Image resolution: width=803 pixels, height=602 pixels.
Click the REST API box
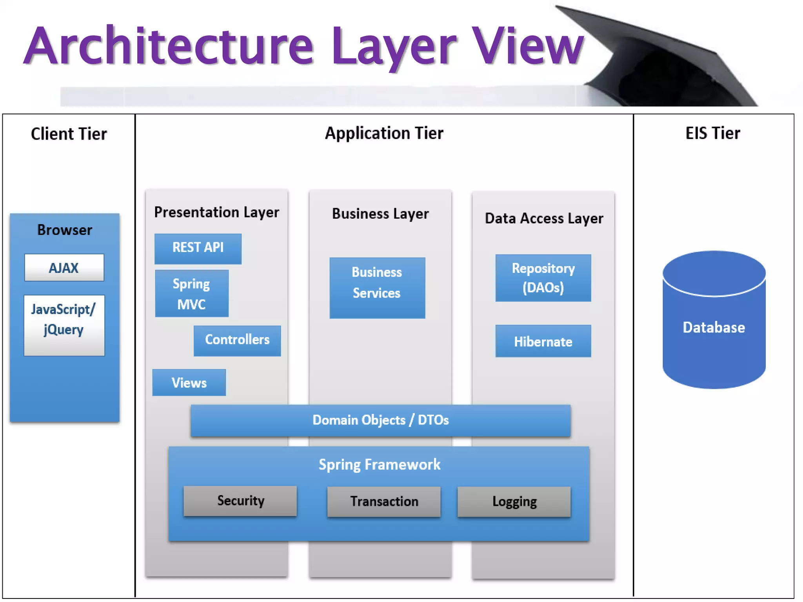(x=198, y=248)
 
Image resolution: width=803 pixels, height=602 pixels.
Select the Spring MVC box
(x=191, y=294)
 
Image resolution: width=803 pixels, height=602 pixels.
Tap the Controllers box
(x=237, y=340)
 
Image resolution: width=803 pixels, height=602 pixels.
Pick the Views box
(x=189, y=383)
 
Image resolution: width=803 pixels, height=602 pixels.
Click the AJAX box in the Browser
(x=64, y=268)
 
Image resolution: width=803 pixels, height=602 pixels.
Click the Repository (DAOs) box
(x=543, y=278)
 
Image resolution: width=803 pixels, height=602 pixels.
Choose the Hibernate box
(x=543, y=341)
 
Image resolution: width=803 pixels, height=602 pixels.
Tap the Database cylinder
(x=714, y=327)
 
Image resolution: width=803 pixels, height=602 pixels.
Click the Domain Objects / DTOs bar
(x=380, y=421)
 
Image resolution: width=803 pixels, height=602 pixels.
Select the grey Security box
(x=240, y=501)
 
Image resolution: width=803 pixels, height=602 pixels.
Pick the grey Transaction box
(x=384, y=502)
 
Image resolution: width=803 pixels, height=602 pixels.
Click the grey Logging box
(x=514, y=502)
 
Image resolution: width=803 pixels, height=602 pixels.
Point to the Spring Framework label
(x=379, y=465)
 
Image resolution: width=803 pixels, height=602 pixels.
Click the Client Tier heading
(x=69, y=134)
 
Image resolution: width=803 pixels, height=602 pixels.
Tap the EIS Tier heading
(x=712, y=133)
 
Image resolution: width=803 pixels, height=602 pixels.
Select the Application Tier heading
(x=384, y=133)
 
